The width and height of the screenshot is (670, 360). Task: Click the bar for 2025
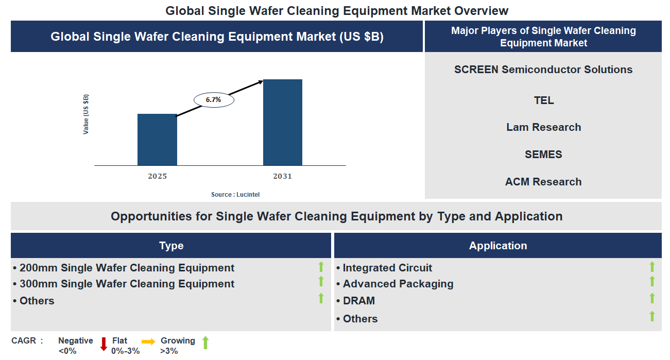point(157,140)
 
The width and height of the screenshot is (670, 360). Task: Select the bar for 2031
point(282,123)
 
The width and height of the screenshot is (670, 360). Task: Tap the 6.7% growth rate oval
point(214,100)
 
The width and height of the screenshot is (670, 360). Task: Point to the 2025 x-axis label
point(157,176)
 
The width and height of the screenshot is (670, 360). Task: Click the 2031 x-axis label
point(282,176)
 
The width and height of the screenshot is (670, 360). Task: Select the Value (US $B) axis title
point(86,114)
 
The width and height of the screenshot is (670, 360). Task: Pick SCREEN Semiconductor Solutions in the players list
point(543,70)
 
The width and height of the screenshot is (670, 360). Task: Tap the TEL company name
point(543,100)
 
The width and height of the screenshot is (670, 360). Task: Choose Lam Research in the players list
point(543,127)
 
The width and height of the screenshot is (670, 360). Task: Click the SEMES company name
point(543,155)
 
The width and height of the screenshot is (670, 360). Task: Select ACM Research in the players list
point(543,182)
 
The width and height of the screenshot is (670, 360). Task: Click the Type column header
point(171,246)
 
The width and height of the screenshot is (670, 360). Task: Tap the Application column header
point(497,246)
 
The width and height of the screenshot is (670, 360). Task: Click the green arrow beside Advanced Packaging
point(652,281)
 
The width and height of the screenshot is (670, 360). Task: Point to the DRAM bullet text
point(358,301)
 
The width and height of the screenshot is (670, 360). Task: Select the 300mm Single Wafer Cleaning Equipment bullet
point(127,284)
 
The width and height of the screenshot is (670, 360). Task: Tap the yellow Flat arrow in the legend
point(148,341)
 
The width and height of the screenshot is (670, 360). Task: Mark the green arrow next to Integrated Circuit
point(652,267)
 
